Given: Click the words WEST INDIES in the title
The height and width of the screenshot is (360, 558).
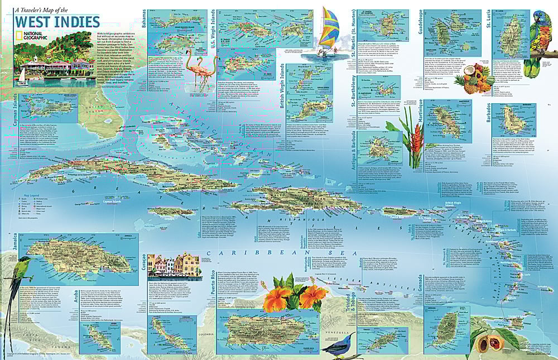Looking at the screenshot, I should point(57,22).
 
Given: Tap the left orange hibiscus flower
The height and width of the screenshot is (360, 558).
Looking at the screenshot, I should point(277,298).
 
